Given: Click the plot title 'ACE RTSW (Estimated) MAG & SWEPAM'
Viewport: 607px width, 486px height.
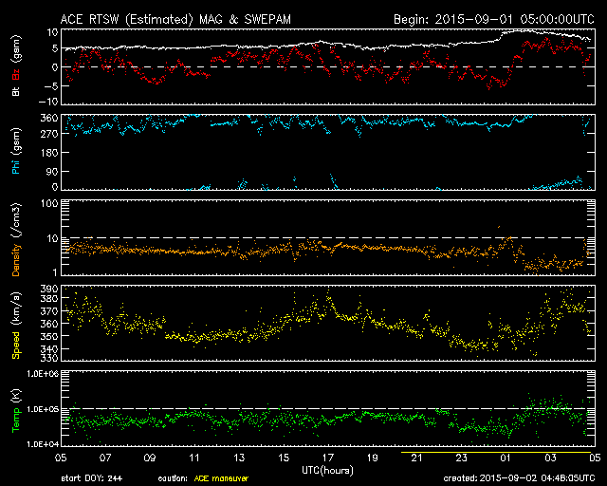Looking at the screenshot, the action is pyautogui.click(x=175, y=19).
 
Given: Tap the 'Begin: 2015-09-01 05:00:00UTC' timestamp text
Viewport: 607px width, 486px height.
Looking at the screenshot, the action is pyautogui.click(x=494, y=19).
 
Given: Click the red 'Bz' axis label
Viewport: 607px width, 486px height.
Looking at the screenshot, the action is pyautogui.click(x=16, y=74).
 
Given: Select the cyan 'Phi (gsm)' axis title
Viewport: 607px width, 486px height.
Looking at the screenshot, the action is pyautogui.click(x=16, y=151).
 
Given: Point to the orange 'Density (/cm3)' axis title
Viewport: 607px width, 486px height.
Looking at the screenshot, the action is pyautogui.click(x=16, y=239).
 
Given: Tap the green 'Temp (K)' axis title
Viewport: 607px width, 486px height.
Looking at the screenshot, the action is pyautogui.click(x=16, y=410).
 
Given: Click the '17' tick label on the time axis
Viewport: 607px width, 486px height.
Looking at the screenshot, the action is pyautogui.click(x=328, y=458).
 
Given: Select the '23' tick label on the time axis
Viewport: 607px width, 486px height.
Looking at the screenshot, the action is pyautogui.click(x=462, y=458).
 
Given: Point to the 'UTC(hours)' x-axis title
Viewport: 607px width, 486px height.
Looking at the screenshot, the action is pyautogui.click(x=327, y=471).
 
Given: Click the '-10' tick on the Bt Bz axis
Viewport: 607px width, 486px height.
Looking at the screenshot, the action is pyautogui.click(x=48, y=102).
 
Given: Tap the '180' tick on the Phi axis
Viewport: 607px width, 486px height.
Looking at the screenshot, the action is pyautogui.click(x=49, y=152).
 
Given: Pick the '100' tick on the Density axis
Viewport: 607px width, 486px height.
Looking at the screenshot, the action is pyautogui.click(x=49, y=203).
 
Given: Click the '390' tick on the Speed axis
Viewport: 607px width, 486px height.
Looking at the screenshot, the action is pyautogui.click(x=49, y=289).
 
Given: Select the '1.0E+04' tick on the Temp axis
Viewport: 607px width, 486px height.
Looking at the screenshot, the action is pyautogui.click(x=43, y=444).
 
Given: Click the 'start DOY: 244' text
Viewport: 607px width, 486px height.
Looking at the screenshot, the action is pyautogui.click(x=92, y=478).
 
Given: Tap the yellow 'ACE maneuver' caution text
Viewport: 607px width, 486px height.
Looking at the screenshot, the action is pyautogui.click(x=221, y=478).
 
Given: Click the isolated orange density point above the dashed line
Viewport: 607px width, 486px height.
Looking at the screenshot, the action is pyautogui.click(x=499, y=226).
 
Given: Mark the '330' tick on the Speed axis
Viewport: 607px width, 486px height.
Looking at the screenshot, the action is pyautogui.click(x=49, y=357).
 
